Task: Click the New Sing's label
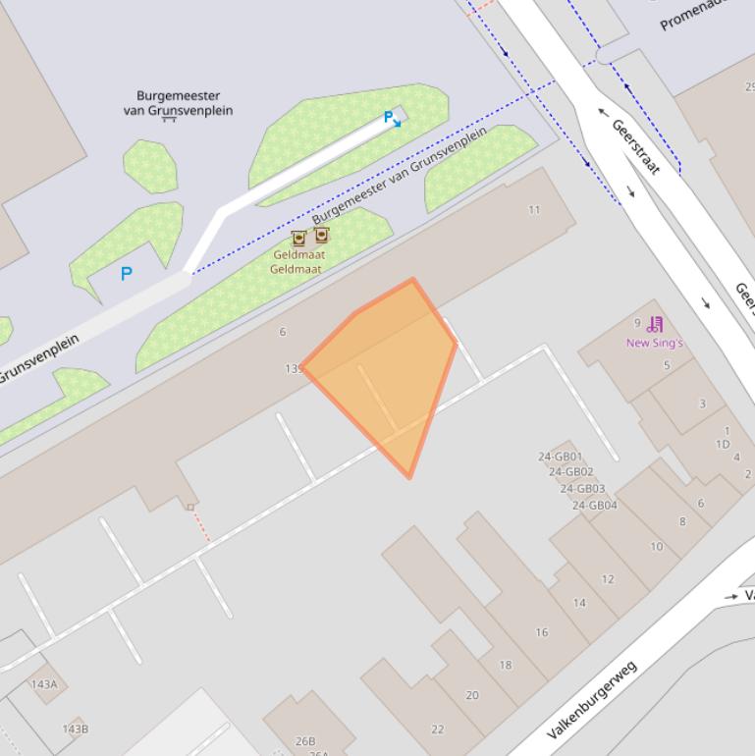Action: tap(654, 343)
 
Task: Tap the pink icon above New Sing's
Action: tap(656, 324)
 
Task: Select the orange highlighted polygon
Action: tap(388, 373)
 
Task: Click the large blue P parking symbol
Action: tap(126, 274)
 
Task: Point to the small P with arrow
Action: tap(392, 119)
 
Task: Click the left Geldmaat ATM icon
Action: tap(298, 239)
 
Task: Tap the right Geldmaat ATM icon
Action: tap(321, 235)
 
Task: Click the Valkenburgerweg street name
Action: tap(592, 700)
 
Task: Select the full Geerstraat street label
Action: tap(635, 146)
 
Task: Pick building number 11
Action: tap(534, 209)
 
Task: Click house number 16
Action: tap(541, 632)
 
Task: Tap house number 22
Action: tap(437, 729)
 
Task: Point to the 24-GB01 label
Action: tap(560, 457)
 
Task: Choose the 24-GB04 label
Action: tap(595, 506)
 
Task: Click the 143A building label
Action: tap(44, 684)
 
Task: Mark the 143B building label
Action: tap(75, 729)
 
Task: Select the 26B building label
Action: tap(305, 741)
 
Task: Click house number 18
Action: tap(505, 665)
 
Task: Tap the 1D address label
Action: tap(723, 444)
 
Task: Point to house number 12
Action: tap(607, 579)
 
